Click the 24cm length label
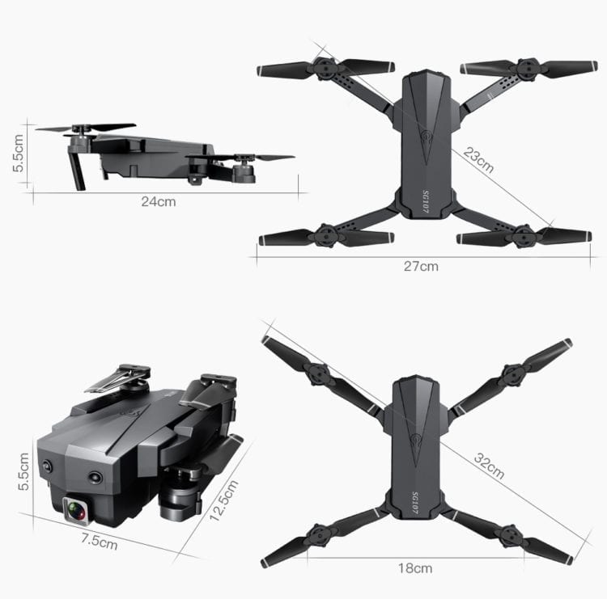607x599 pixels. pos(159,202)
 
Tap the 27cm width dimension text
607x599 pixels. pos(421,267)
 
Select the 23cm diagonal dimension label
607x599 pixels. pos(478,160)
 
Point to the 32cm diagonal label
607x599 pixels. pos(490,466)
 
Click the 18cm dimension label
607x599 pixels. pos(415,568)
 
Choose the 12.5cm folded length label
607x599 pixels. pos(224,500)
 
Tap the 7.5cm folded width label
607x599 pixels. pos(99,541)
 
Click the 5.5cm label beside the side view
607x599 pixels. pos(18,153)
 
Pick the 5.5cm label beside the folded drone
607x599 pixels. pos(23,471)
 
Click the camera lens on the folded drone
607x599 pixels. pos(76,511)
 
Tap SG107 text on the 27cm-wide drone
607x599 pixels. pos(426,201)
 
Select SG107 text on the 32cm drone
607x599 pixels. pos(414,503)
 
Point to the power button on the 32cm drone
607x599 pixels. pos(417,440)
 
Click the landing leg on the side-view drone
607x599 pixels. pos(78,169)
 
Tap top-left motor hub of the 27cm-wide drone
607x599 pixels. pos(325,69)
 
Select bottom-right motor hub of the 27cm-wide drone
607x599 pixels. pos(524,235)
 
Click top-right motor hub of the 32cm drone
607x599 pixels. pos(513,374)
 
